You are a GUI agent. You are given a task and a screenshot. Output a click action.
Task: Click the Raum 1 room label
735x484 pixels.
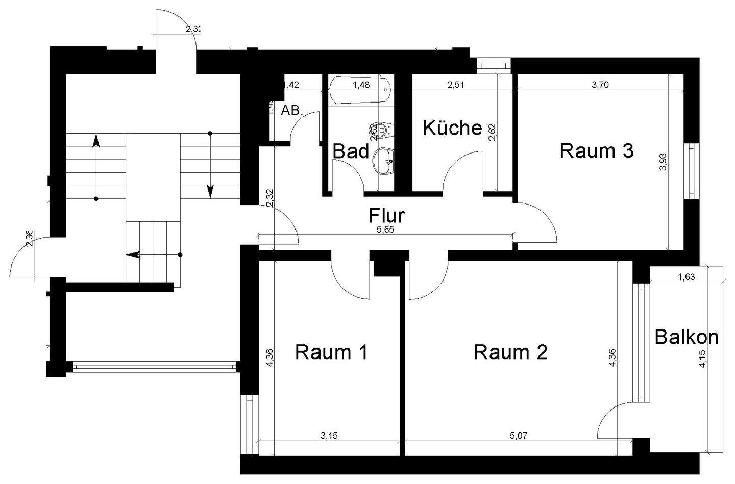(331, 352)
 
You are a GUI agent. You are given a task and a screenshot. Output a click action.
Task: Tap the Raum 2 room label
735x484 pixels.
(510, 352)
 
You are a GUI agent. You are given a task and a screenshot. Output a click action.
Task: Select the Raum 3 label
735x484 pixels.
(597, 151)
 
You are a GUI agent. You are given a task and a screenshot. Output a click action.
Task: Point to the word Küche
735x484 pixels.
(452, 128)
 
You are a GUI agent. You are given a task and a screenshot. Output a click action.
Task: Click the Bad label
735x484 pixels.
(351, 151)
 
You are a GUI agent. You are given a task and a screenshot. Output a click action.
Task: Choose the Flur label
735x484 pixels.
(387, 215)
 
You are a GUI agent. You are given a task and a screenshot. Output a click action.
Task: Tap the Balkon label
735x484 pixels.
(687, 337)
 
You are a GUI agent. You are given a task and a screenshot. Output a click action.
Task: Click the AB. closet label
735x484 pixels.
(292, 110)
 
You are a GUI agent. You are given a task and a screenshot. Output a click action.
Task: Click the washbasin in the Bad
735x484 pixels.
(384, 162)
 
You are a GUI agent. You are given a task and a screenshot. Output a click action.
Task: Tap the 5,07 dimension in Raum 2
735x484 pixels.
(518, 436)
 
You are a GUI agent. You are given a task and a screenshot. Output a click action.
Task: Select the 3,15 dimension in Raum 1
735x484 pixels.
(329, 436)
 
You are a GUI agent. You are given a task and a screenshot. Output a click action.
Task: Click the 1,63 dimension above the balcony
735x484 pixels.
(686, 277)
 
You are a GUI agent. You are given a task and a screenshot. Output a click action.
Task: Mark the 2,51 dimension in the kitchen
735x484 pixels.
(455, 85)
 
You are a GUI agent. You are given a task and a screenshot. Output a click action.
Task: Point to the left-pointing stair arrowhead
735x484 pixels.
(133, 254)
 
